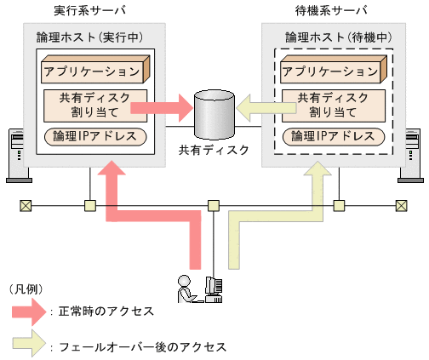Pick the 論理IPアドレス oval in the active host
(94, 136)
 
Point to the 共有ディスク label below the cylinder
(214, 151)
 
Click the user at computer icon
(199, 288)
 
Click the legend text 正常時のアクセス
(107, 311)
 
